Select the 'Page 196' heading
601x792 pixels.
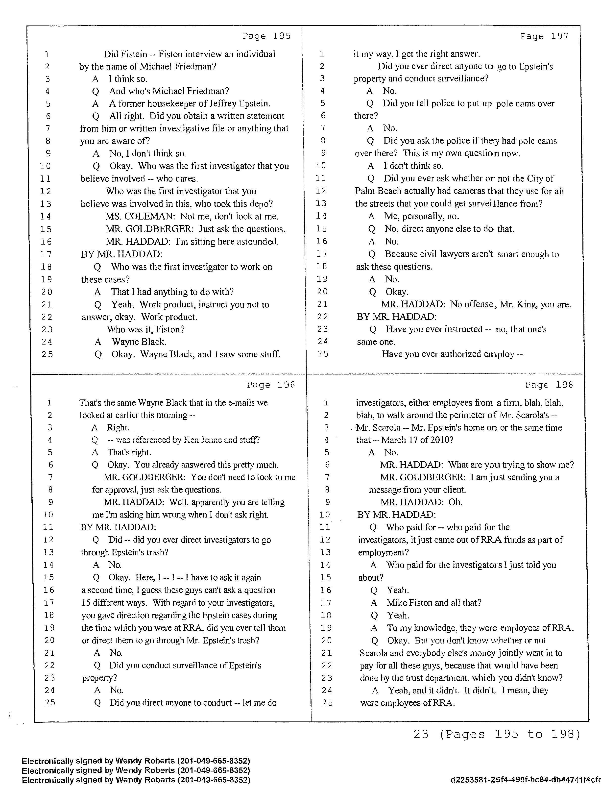271,385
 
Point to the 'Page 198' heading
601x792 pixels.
549,385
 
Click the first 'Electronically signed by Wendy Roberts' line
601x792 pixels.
136,761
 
